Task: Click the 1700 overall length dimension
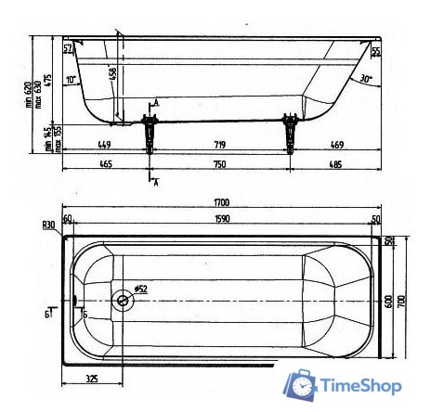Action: click(x=220, y=201)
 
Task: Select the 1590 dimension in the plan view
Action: click(x=220, y=219)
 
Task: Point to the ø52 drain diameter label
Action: click(x=141, y=289)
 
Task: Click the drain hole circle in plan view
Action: click(x=122, y=301)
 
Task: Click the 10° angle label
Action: click(x=72, y=80)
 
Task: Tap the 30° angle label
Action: click(x=366, y=80)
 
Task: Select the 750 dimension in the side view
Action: click(x=220, y=164)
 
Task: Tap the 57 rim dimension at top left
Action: click(x=68, y=47)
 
